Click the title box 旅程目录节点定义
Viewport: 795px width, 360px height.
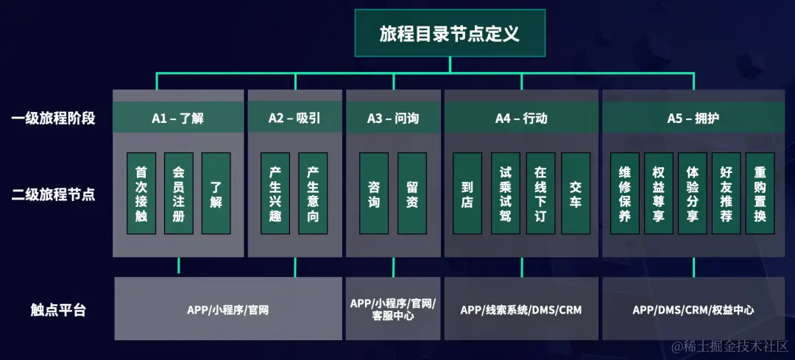(450, 34)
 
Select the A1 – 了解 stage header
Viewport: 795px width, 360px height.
(178, 118)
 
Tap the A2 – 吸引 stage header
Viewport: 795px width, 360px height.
(294, 118)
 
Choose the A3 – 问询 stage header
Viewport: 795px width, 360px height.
(393, 118)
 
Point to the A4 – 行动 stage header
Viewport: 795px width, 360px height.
(521, 118)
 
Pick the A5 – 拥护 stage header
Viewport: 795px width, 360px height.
(693, 118)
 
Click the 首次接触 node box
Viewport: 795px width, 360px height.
(141, 194)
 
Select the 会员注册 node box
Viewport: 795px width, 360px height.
(178, 194)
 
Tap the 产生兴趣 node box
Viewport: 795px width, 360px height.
(275, 194)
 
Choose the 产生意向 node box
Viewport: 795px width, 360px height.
(313, 194)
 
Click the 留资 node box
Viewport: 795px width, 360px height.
(412, 194)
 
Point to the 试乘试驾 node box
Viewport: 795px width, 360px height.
(504, 194)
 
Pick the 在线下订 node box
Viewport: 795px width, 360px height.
(540, 194)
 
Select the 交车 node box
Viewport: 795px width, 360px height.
(575, 194)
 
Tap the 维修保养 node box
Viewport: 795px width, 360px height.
(625, 194)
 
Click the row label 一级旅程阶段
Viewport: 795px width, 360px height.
(54, 118)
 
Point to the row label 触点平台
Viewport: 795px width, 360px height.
(58, 310)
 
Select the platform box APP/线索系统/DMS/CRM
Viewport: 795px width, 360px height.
(521, 310)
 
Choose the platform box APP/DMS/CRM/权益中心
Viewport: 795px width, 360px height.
(693, 310)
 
